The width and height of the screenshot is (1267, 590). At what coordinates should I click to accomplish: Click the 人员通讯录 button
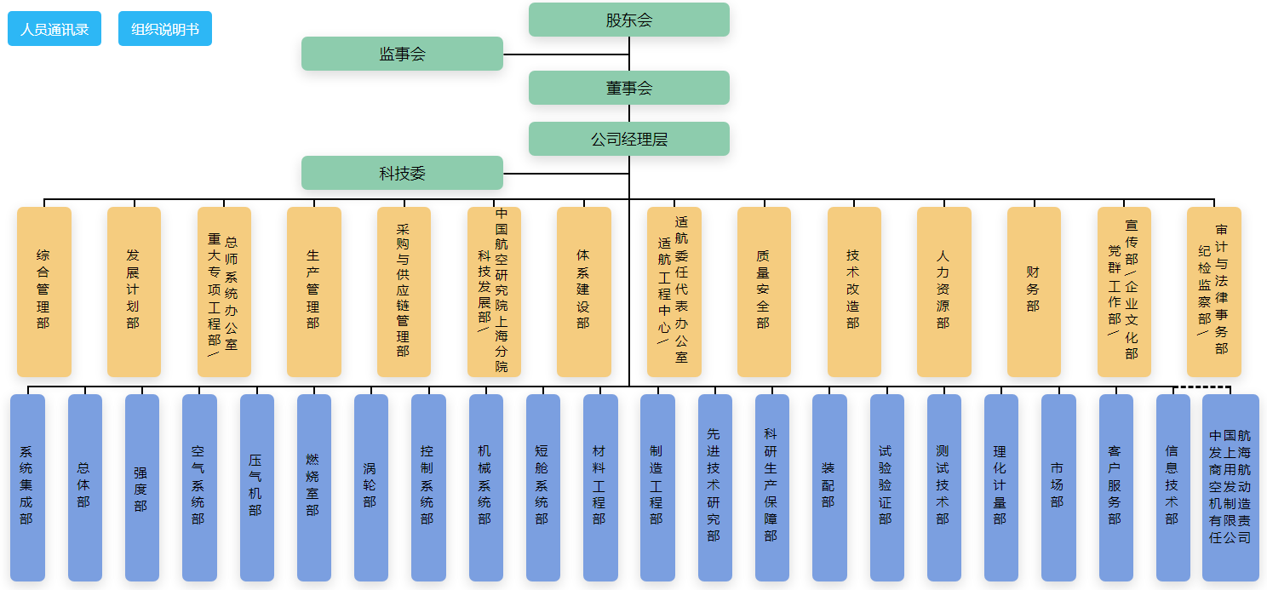54,29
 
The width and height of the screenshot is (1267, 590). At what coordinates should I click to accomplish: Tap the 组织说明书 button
165,29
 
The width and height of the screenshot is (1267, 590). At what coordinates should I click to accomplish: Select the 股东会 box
629,20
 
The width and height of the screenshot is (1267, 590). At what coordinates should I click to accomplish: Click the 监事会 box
402,54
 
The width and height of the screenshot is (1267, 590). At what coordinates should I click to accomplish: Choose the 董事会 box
629,88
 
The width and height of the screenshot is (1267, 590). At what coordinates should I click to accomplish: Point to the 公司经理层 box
629,139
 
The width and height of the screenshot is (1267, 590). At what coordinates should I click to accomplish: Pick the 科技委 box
402,173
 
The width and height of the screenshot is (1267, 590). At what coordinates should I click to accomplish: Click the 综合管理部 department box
43,291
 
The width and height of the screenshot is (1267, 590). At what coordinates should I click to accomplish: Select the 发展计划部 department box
134,291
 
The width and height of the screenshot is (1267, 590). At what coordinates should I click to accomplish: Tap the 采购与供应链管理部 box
404,291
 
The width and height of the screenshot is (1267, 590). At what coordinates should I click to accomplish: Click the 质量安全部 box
764,291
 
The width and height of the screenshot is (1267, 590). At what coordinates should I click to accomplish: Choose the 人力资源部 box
943,291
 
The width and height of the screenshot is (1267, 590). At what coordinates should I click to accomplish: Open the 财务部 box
1034,291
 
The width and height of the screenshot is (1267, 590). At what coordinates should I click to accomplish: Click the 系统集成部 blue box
27,487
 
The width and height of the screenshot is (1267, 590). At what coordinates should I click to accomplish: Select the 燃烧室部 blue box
313,487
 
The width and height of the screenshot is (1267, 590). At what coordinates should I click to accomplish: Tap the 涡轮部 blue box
370,487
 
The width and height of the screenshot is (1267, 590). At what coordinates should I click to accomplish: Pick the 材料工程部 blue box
600,487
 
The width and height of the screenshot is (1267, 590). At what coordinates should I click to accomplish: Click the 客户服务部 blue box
1115,487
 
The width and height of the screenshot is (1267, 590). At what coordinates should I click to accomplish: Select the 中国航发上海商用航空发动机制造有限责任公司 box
1230,487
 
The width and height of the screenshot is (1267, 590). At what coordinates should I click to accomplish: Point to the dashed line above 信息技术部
1202,387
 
